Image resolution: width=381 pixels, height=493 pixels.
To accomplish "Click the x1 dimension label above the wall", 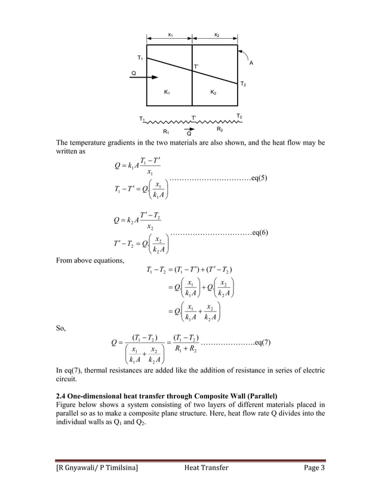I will tap(170, 35).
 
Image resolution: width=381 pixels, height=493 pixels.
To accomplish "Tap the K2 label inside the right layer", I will tap(213, 93).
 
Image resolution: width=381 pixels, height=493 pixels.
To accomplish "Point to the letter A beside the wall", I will tap(251, 63).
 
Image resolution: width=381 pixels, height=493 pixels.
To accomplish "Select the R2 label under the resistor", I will tap(220, 129).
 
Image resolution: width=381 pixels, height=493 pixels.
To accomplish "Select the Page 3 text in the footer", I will tap(312, 467).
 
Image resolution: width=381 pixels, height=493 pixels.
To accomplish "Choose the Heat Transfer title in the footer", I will tap(205, 467).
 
